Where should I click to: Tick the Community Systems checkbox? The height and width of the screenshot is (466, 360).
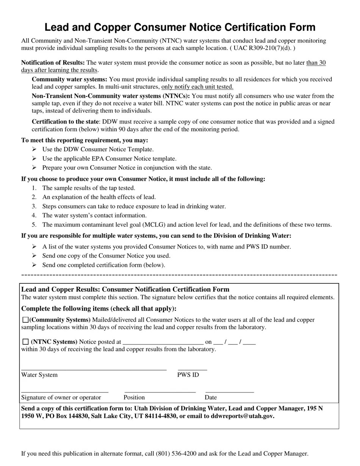click(x=25, y=320)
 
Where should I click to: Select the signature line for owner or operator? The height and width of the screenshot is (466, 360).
click(x=65, y=390)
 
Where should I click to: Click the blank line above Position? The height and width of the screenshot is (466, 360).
click(x=160, y=390)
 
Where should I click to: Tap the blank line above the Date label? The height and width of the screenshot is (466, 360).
click(x=229, y=390)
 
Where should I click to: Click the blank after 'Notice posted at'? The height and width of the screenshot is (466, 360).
click(x=163, y=342)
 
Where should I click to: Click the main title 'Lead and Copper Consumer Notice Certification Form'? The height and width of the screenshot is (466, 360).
click(x=180, y=27)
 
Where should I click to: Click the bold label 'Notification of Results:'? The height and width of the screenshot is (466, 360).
click(x=53, y=63)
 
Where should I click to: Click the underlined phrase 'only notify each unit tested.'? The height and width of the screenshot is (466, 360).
click(x=197, y=87)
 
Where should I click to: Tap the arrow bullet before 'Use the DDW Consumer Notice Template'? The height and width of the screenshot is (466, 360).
click(x=34, y=150)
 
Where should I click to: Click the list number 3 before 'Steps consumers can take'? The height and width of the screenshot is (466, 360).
click(x=34, y=206)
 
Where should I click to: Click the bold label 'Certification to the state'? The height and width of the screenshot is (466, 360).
click(x=65, y=122)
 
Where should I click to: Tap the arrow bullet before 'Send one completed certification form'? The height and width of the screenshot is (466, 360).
click(x=34, y=265)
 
